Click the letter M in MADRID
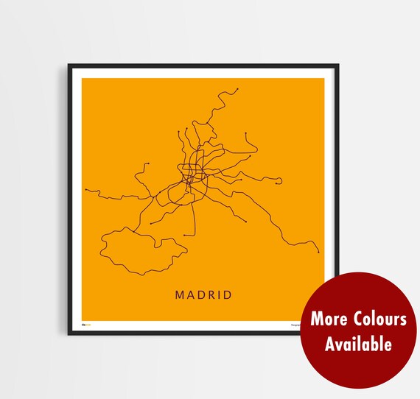[x=180, y=295]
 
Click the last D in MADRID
[x=228, y=295]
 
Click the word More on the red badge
[x=327, y=319]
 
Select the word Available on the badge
[x=359, y=343]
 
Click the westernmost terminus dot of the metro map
[x=86, y=190]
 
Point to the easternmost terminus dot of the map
[x=318, y=252]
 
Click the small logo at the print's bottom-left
[x=85, y=324]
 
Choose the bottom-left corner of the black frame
[x=69, y=334]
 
